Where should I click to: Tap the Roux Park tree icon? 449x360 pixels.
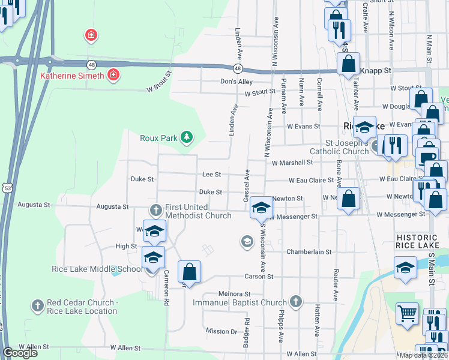pyautogui.click(x=187, y=137)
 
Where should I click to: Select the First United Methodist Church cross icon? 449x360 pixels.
pyautogui.click(x=156, y=209)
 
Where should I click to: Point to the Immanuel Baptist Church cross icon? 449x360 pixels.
pyautogui.click(x=295, y=301)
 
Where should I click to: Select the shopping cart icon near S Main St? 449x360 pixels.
pyautogui.click(x=408, y=313)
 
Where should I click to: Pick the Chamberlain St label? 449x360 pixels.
pyautogui.click(x=309, y=251)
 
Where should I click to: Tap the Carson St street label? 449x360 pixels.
pyautogui.click(x=259, y=277)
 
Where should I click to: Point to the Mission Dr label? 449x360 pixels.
pyautogui.click(x=221, y=331)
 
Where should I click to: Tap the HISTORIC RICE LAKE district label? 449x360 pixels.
pyautogui.click(x=421, y=242)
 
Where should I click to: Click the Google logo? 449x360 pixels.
pyautogui.click(x=20, y=352)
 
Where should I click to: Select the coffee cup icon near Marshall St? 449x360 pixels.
pyautogui.click(x=427, y=158)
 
